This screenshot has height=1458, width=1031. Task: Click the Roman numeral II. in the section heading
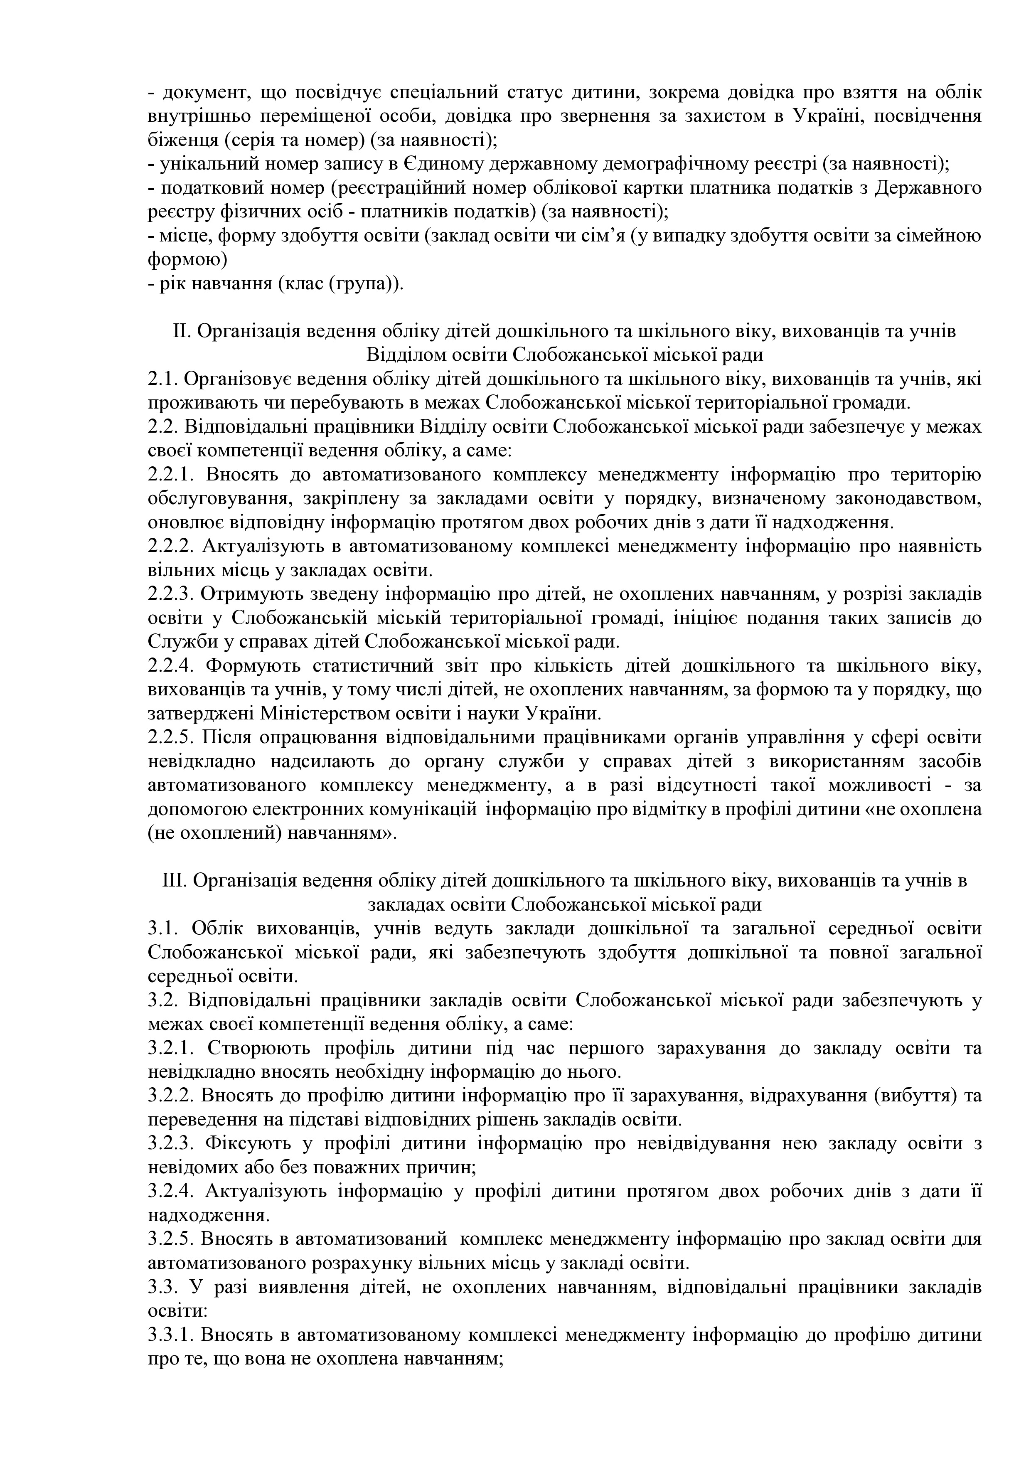pos(182,332)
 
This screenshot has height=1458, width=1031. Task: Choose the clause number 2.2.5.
pos(171,737)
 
